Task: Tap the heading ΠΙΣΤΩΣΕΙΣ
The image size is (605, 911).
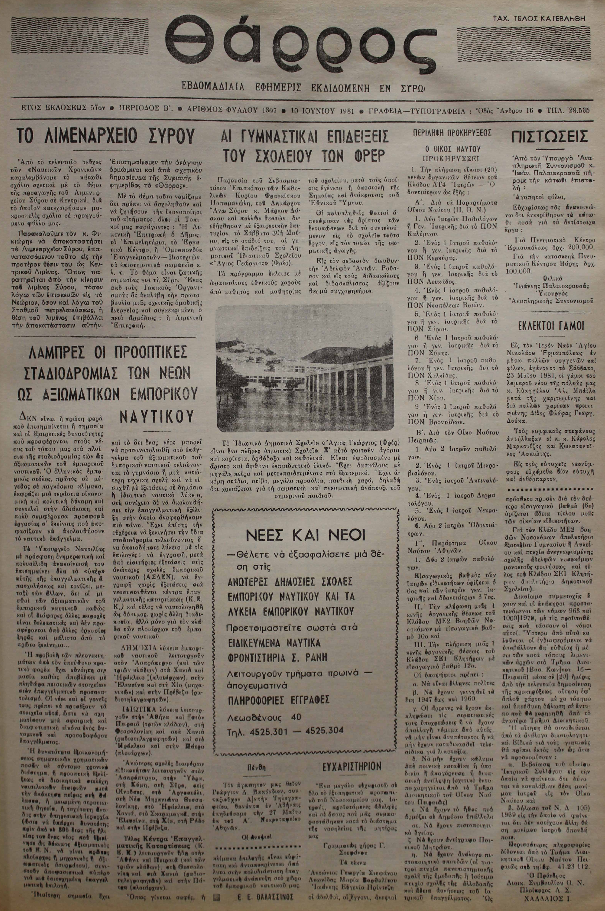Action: tap(549, 137)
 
